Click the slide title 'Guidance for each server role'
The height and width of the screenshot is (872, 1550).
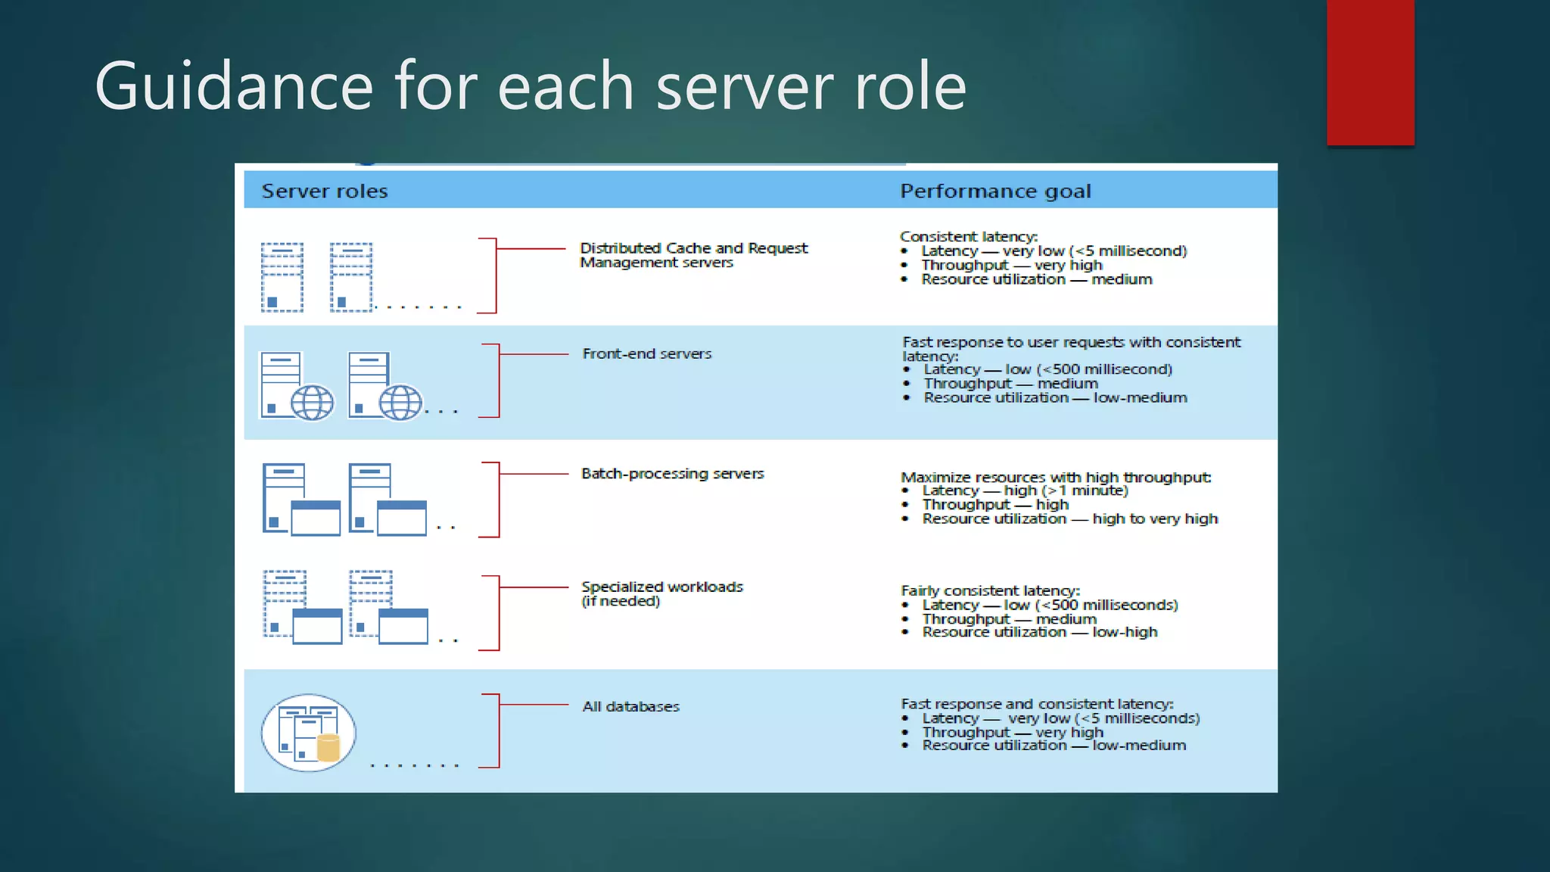point(530,86)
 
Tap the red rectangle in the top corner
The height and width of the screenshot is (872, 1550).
point(1370,72)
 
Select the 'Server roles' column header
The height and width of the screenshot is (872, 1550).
point(325,191)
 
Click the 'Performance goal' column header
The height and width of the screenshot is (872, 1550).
point(995,191)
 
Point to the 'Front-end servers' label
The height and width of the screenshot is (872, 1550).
point(647,353)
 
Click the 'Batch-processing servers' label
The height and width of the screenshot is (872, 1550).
point(672,473)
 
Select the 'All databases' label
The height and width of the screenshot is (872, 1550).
point(630,706)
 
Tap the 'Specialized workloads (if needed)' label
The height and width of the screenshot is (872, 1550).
point(661,593)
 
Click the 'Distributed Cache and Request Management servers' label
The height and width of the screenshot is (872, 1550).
point(693,255)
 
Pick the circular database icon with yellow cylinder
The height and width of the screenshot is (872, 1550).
point(309,733)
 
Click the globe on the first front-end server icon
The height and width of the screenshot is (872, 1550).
point(312,402)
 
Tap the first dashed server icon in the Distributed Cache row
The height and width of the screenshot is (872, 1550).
point(282,277)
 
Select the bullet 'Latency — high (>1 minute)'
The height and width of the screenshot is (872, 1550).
point(1025,490)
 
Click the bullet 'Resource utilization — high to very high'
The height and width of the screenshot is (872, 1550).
point(1069,519)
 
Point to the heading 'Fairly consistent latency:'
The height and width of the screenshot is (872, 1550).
point(990,590)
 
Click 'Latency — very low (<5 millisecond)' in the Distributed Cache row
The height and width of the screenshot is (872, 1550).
point(1054,251)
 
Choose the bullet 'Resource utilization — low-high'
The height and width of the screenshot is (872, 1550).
point(1039,632)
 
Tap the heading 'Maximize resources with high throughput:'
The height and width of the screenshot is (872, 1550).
point(1056,477)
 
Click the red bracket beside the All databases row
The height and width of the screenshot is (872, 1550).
point(497,730)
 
